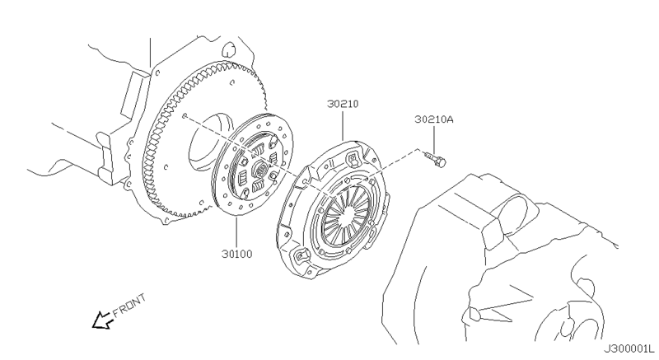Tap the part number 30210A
pyautogui.click(x=434, y=119)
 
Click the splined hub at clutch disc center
pyautogui.click(x=256, y=172)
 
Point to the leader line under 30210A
pyautogui.click(x=434, y=138)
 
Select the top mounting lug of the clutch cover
pyautogui.click(x=353, y=154)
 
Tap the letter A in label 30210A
pyautogui.click(x=451, y=119)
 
